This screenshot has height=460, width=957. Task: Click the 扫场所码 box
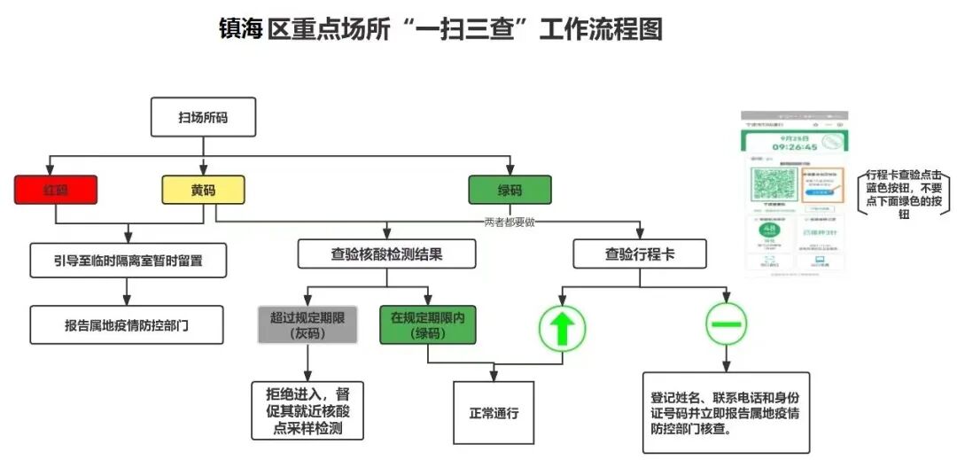point(203,117)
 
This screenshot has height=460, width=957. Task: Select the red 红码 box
point(55,190)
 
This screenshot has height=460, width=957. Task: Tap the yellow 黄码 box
point(203,190)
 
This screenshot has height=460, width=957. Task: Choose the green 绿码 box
point(510,190)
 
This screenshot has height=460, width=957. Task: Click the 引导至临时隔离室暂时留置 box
point(128,260)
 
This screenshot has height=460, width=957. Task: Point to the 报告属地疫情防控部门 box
point(126,325)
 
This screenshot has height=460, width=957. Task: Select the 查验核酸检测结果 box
point(386,253)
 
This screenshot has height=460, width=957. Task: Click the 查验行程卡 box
point(639,253)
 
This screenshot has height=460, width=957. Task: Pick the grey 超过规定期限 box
point(307,325)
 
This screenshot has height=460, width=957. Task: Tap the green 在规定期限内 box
point(428,325)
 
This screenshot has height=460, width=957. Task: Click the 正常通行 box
point(494,412)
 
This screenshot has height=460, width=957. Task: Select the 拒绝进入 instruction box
point(307,409)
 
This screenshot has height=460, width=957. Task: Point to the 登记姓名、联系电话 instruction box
point(726,412)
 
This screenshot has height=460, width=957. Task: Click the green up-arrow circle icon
point(563,328)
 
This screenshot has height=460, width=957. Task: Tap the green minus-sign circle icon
point(726,324)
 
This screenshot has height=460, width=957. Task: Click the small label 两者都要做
point(510,222)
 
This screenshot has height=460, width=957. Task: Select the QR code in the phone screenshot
point(772,186)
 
